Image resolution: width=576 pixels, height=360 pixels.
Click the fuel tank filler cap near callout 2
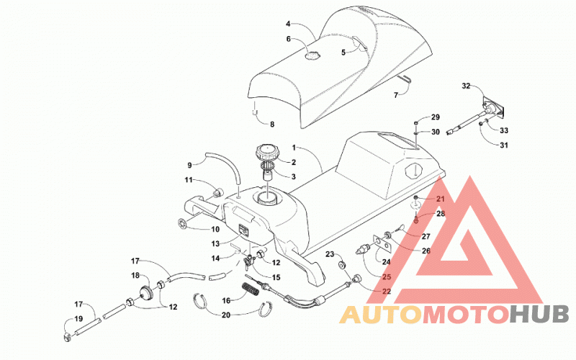point(267,153)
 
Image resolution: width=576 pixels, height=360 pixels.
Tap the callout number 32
point(466,86)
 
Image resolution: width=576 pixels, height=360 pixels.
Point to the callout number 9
point(189,166)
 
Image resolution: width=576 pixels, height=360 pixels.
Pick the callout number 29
point(436,117)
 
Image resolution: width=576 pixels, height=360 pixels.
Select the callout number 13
point(215,243)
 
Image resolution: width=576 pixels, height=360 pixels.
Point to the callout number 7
point(396,95)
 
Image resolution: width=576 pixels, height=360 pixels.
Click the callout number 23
point(330,254)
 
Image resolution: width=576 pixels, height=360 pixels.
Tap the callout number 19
point(78,319)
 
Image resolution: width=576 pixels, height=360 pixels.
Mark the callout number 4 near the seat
point(289,24)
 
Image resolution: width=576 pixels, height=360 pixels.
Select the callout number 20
point(226,315)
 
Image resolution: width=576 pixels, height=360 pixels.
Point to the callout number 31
point(504,145)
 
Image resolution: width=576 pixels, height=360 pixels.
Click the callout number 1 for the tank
point(294,148)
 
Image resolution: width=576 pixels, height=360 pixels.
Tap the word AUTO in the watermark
point(381,315)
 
